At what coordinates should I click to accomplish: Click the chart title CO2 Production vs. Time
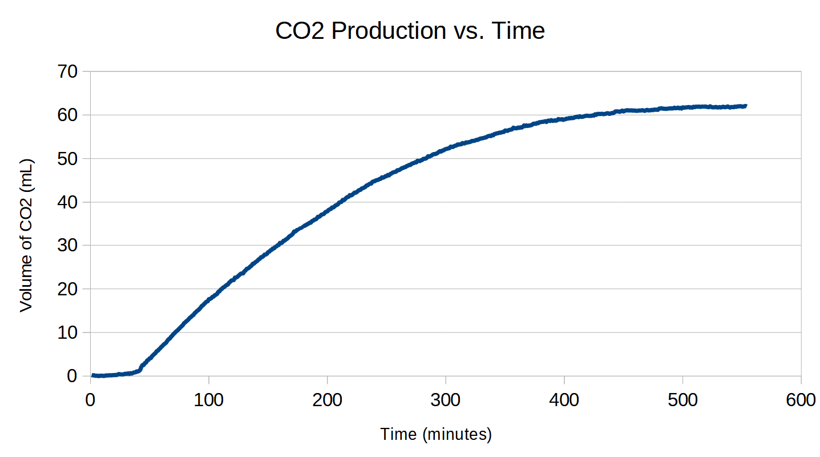410,31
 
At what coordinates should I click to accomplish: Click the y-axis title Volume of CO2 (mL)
26,235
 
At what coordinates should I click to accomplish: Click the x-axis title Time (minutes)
436,435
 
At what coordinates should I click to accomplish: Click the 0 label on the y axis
72,376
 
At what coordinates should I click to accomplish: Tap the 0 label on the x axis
90,400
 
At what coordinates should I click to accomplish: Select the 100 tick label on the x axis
209,400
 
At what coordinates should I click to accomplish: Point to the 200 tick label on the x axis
328,400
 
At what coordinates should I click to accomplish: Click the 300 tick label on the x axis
446,400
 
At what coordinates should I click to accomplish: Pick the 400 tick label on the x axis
564,400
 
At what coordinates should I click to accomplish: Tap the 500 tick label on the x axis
682,400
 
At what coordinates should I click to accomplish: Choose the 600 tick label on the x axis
801,400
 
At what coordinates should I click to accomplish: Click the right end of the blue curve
745,106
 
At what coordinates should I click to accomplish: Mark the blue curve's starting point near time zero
93,375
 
